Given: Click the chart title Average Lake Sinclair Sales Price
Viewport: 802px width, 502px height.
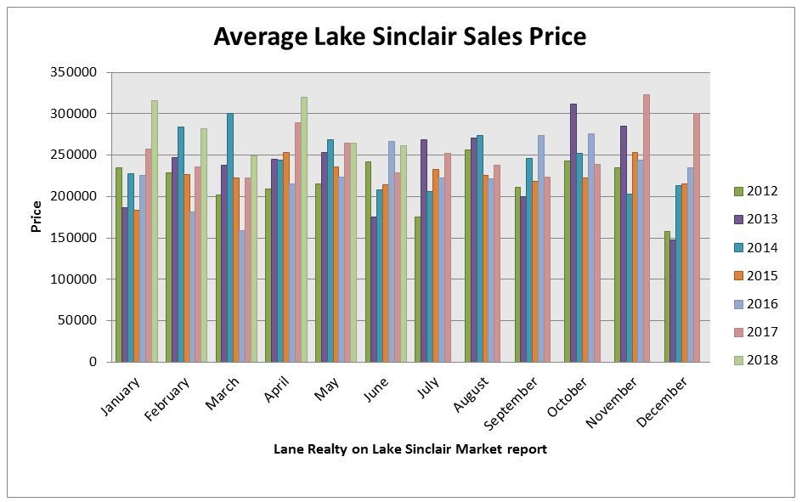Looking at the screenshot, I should click(399, 37).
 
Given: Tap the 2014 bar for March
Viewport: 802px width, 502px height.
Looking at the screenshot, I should click(229, 238).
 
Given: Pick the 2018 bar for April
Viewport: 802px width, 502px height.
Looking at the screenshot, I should click(303, 229).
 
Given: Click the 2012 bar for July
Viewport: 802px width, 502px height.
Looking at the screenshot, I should click(417, 289).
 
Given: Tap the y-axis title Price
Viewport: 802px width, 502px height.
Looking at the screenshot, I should click(36, 217).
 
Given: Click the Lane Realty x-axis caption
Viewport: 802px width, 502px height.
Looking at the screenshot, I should click(409, 448).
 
